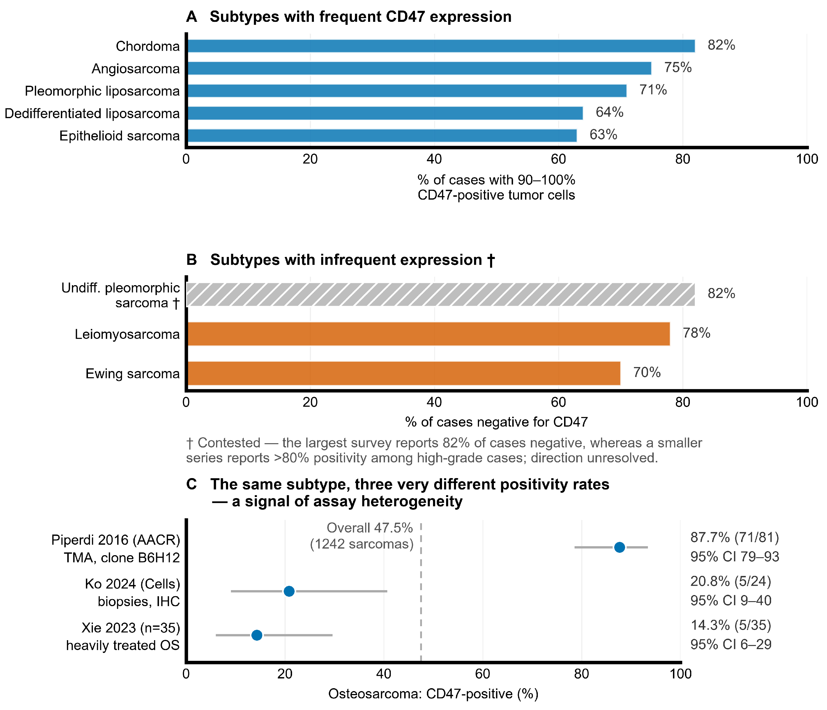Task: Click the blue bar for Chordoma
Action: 441,46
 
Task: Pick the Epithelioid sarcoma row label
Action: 120,136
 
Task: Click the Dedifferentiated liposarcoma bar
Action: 385,113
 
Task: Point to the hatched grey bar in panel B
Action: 441,294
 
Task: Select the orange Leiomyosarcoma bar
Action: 429,334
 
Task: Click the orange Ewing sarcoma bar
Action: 404,373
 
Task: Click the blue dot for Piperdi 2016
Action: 619,547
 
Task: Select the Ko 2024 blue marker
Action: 289,591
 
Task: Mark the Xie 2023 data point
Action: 257,635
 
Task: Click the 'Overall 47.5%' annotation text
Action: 370,528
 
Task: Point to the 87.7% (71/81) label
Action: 735,538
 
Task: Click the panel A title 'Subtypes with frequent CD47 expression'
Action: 361,17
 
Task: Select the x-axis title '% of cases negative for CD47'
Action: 496,422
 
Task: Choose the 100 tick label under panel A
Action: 807,159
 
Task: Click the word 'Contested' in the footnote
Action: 229,443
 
